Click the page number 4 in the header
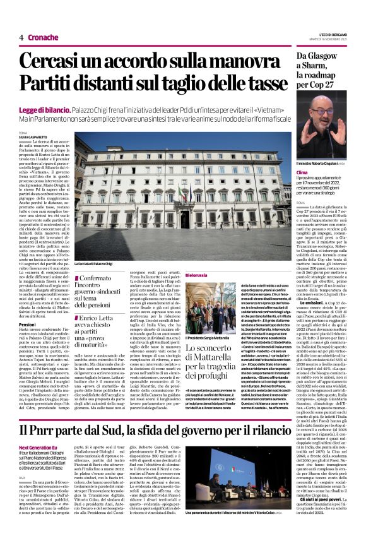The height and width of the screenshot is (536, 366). [x=21, y=37]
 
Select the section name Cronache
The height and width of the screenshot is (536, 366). [x=44, y=37]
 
